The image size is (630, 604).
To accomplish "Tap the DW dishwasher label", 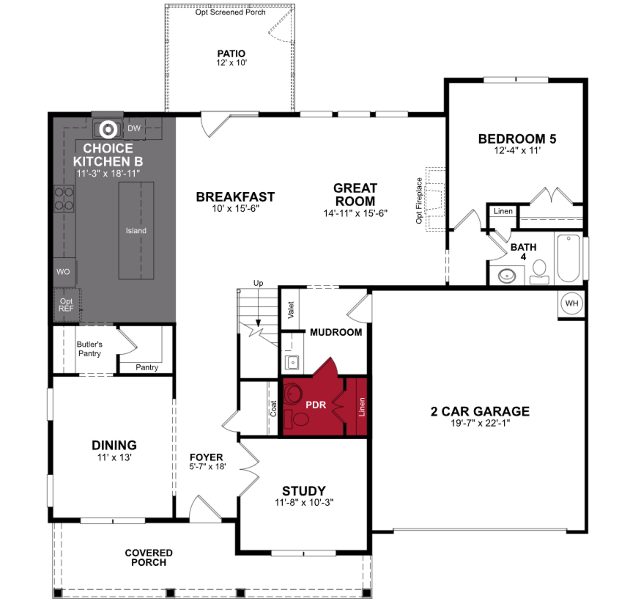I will pyautogui.click(x=134, y=128).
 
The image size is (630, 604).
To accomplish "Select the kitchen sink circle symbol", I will pyautogui.click(x=108, y=129).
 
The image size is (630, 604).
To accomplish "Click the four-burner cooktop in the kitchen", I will pyautogui.click(x=64, y=198).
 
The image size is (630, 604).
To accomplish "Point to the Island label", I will pyautogui.click(x=136, y=231).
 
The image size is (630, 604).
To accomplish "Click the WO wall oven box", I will pyautogui.click(x=63, y=272).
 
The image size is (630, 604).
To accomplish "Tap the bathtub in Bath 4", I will pyautogui.click(x=568, y=258).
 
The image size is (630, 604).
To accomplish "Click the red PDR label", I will pyautogui.click(x=316, y=405).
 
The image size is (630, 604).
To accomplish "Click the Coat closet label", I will pyautogui.click(x=273, y=408).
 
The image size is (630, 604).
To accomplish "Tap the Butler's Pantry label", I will pyautogui.click(x=89, y=349).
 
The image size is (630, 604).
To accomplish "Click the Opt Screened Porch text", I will pyautogui.click(x=230, y=12).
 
